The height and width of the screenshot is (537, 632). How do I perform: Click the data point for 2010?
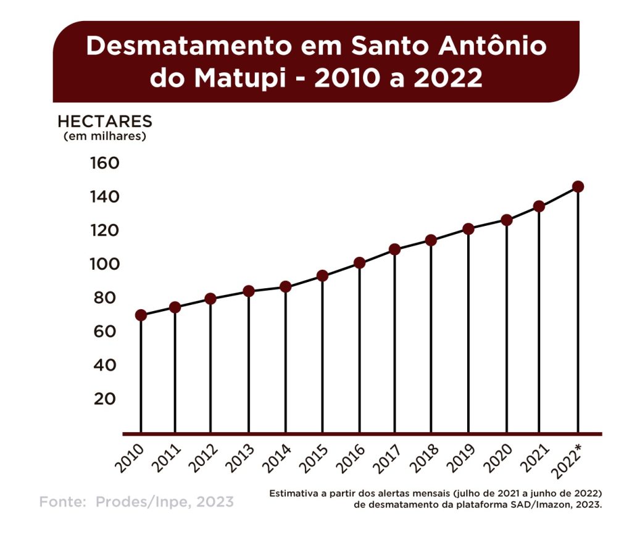(x=141, y=315)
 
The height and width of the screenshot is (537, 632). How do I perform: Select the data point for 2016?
(x=359, y=263)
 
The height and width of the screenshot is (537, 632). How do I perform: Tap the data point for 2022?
(x=578, y=186)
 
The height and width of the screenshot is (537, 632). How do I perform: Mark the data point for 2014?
(x=285, y=286)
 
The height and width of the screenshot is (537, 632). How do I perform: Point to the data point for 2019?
(x=468, y=229)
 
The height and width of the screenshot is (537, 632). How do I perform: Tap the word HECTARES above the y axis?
(x=104, y=121)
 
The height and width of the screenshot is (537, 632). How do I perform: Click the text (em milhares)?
(x=105, y=136)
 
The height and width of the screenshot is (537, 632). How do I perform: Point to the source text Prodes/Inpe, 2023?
(x=165, y=502)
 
